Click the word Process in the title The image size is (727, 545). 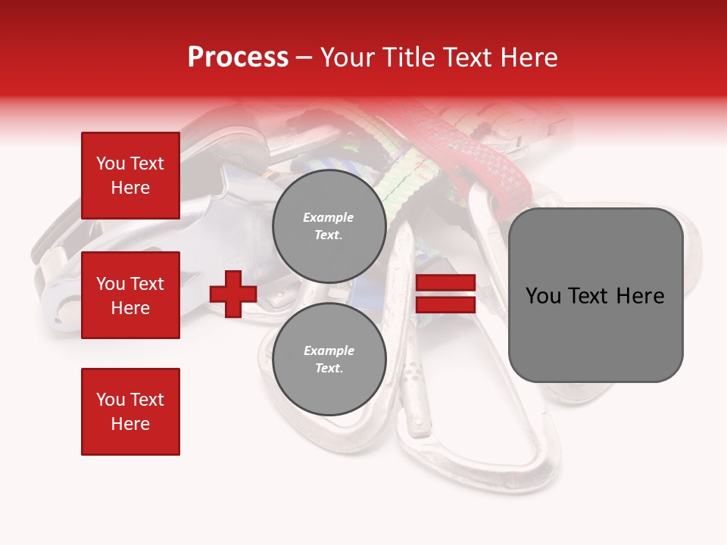[238, 58]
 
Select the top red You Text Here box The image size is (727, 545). [130, 176]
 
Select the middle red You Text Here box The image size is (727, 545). [130, 295]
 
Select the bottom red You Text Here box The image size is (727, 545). [130, 412]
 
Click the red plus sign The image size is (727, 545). [233, 294]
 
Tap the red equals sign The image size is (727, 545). [445, 294]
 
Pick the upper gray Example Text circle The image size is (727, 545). [329, 226]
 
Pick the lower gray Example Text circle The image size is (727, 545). [329, 359]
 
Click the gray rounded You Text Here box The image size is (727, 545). [595, 295]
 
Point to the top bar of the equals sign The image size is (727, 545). [445, 283]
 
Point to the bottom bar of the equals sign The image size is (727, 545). [445, 304]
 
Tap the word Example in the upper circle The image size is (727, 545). [329, 217]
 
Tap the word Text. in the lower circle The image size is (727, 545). [329, 368]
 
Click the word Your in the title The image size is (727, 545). [348, 58]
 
